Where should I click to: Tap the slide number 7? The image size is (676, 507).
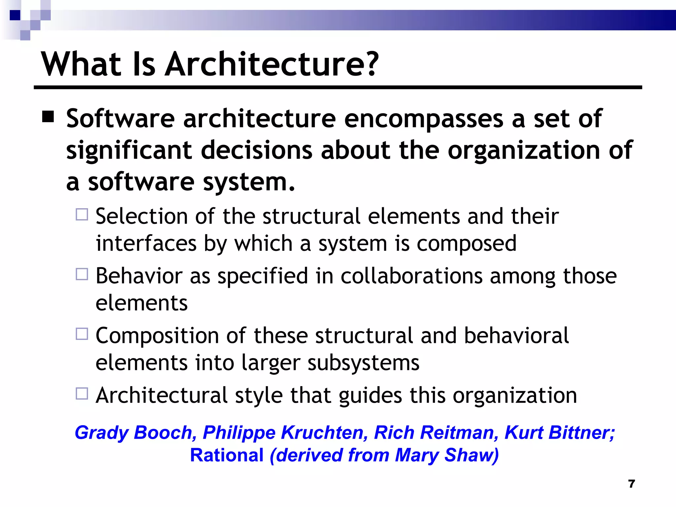[x=631, y=484]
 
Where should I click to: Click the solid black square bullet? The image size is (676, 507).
[x=48, y=117]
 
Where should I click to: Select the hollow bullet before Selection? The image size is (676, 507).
[x=82, y=215]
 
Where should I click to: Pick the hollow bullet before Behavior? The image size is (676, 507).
[x=82, y=274]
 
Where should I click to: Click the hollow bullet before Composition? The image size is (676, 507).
[x=82, y=334]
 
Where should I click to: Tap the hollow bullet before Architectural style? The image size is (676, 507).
[x=82, y=394]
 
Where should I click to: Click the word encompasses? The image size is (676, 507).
[x=423, y=119]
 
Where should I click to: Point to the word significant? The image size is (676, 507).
[x=129, y=151]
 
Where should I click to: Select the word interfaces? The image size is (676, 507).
[x=146, y=243]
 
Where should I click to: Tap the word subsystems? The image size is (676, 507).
[x=363, y=363]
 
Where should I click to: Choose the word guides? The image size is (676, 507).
[x=370, y=395]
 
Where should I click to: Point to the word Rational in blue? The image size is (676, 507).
[x=227, y=455]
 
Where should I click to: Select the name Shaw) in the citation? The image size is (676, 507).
[x=471, y=455]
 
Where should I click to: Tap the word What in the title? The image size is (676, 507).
[x=81, y=64]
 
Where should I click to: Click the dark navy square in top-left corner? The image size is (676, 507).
[x=15, y=15]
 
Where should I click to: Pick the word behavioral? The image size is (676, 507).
[x=516, y=336]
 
